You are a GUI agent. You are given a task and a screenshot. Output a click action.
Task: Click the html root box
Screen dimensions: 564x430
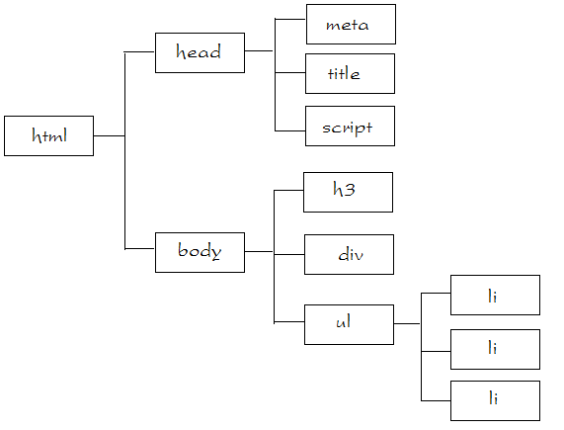pos(49,136)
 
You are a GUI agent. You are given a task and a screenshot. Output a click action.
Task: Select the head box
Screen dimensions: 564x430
pos(200,53)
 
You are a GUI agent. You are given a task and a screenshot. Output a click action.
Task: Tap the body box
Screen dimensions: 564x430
pos(200,253)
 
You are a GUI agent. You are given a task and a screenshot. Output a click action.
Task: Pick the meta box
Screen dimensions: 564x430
pos(351,25)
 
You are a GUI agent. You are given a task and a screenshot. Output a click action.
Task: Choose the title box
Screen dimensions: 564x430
pos(350,74)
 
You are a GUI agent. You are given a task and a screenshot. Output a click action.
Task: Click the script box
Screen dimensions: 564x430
pos(350,126)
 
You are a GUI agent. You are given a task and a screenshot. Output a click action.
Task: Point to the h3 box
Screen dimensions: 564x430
pos(349,192)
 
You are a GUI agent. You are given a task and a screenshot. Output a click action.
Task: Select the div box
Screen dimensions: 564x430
pos(350,255)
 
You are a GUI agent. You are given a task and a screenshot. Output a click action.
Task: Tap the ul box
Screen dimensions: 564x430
pos(350,325)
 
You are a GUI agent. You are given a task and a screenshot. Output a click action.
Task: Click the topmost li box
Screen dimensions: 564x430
pos(495,295)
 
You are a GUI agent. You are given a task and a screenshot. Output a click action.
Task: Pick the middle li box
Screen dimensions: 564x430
pos(495,349)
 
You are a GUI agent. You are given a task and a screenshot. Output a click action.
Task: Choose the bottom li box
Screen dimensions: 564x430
pos(495,401)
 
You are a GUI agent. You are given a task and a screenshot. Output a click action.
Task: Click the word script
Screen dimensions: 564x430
pos(347,129)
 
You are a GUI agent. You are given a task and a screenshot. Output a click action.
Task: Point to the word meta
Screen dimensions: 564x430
pos(347,25)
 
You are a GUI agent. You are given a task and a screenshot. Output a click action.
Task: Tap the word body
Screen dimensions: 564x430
pos(200,251)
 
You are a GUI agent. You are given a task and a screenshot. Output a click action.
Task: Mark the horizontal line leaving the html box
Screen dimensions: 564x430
pos(110,136)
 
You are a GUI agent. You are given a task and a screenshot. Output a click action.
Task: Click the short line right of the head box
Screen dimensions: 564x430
pos(259,51)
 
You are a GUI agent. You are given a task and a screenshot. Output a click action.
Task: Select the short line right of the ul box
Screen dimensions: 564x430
pos(407,324)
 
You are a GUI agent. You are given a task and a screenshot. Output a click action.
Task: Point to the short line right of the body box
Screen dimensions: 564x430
pos(259,251)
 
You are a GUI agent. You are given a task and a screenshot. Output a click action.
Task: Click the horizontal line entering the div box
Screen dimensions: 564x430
pos(289,255)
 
